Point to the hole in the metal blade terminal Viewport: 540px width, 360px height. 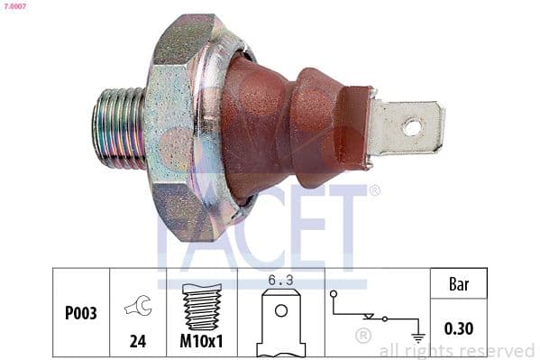tap(412, 127)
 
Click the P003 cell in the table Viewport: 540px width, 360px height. tap(81, 314)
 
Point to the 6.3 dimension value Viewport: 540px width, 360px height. tap(281, 281)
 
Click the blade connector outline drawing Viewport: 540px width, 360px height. tap(281, 323)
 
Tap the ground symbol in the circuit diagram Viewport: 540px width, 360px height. tap(417, 337)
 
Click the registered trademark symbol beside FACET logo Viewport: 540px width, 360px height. tap(374, 190)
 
